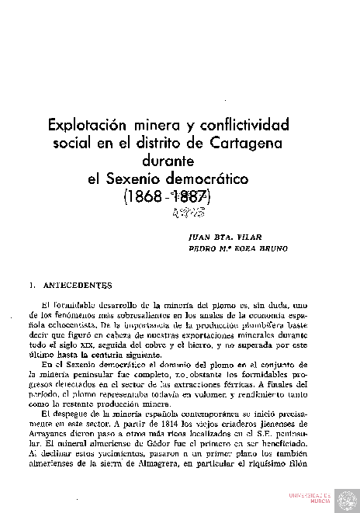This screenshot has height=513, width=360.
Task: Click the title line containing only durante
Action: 179,161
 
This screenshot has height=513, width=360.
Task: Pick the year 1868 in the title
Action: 144,197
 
